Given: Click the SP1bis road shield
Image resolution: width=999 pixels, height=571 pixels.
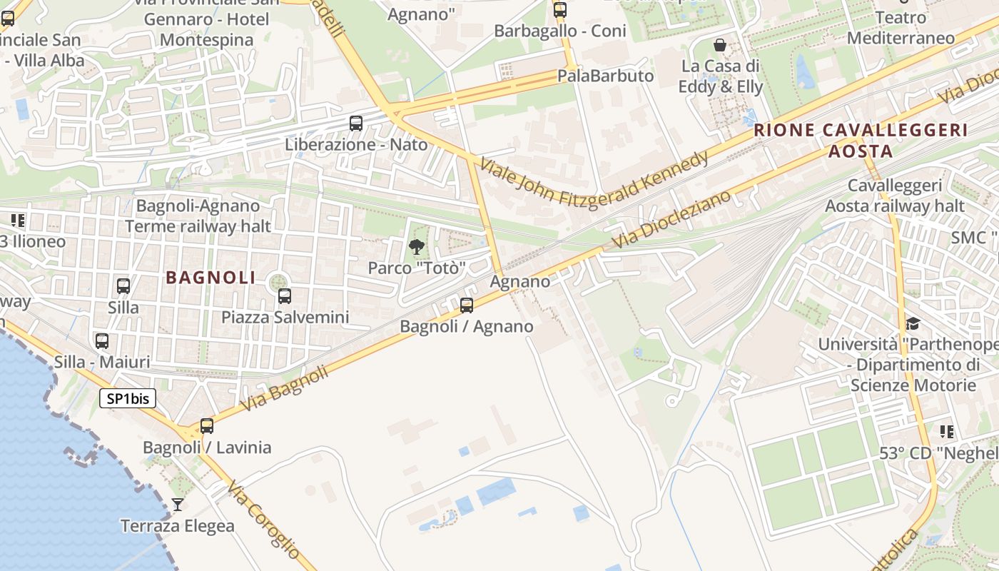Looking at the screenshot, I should tap(128, 398).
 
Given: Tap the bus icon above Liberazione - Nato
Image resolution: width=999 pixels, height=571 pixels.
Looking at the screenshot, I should tap(356, 123).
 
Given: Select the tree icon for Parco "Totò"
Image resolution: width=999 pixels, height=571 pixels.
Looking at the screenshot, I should tap(417, 247).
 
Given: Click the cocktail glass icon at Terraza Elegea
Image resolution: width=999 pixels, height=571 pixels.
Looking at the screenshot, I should tap(178, 505).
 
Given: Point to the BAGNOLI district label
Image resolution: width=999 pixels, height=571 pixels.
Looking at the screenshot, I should tap(211, 278).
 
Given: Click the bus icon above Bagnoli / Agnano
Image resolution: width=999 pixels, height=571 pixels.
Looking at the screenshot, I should tap(467, 305).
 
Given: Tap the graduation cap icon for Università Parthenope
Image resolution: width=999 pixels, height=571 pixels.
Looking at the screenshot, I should tap(913, 324).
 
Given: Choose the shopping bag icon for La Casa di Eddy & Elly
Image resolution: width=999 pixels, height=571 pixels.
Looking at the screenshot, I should tap(720, 46).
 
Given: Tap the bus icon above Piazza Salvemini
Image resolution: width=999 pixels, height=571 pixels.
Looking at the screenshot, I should tap(285, 295).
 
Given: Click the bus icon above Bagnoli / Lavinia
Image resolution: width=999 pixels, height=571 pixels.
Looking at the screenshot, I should tap(207, 426).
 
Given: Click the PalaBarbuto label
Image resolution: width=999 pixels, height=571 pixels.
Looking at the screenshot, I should tap(605, 76).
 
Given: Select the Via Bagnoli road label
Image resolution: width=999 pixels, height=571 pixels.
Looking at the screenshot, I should tap(284, 388).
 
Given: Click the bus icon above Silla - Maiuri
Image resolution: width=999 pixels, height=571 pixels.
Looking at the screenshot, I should tap(102, 341).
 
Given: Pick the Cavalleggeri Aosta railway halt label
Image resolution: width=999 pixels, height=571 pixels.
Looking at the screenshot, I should tap(895, 196).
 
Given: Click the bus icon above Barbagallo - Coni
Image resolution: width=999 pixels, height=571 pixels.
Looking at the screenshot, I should tap(560, 10).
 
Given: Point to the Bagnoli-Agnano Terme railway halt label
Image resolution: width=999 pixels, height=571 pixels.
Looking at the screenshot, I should tap(198, 216).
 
